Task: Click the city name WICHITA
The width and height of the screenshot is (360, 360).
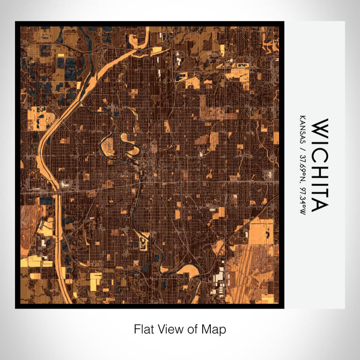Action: coord(318,165)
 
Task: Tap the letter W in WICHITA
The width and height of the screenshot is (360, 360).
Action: coord(318,127)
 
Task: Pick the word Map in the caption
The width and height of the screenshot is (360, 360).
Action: coord(215,329)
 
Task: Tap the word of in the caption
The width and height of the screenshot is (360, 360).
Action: coord(195,329)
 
